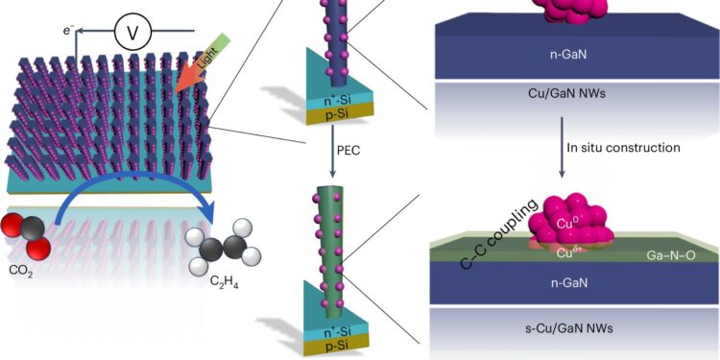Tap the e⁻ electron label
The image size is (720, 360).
tap(68, 31)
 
